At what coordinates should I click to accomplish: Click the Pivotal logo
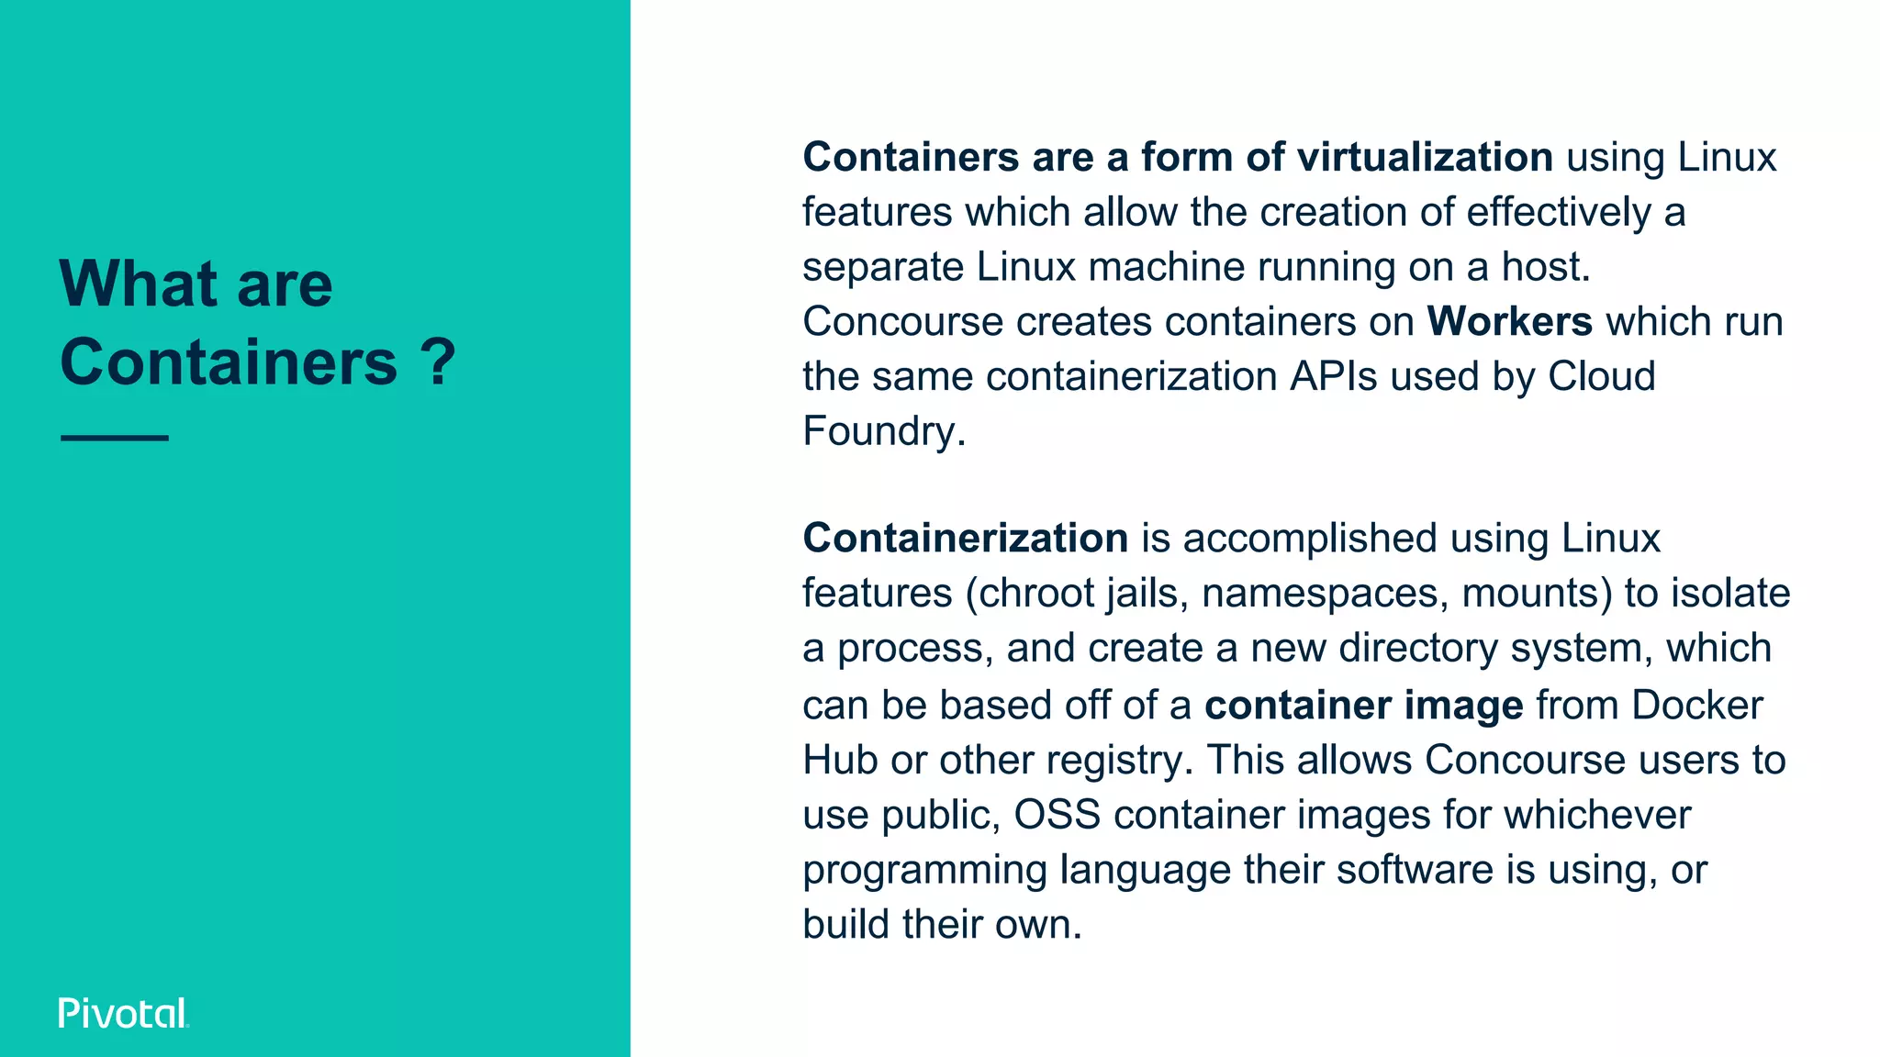coord(123,1013)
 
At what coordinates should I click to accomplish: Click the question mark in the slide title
coord(440,362)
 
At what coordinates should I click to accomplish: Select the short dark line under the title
coord(115,439)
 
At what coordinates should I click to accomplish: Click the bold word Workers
coord(1509,322)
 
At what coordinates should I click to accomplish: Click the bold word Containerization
coord(965,539)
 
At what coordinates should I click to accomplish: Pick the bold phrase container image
coord(1363,706)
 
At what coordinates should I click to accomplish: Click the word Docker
coord(1696,706)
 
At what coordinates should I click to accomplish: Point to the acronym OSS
coord(1057,815)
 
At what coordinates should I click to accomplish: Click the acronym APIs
coord(1333,377)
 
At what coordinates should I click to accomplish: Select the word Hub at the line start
coord(839,761)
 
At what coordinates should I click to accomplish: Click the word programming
coord(923,871)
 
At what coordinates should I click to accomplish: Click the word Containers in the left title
coord(229,362)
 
